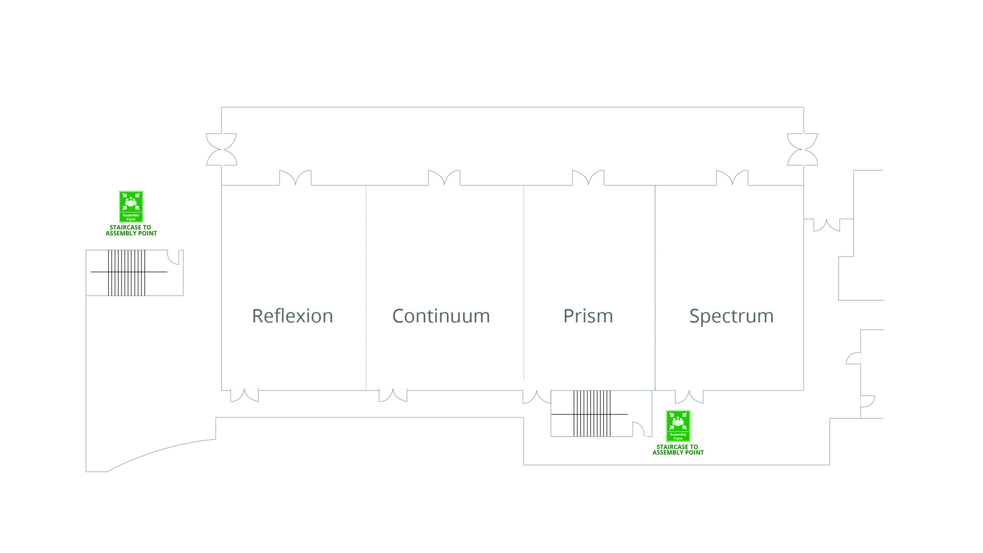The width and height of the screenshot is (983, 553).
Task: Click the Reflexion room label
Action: [x=293, y=316]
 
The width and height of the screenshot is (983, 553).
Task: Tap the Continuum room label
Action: [x=441, y=316]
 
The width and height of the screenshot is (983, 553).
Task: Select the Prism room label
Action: [x=588, y=316]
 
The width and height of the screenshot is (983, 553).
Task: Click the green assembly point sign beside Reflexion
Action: [x=131, y=207]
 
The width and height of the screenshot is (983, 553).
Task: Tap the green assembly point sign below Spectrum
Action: [x=678, y=426]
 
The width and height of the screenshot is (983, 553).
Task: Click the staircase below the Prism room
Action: [x=592, y=414]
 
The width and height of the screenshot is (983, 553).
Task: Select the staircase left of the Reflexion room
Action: [x=126, y=273]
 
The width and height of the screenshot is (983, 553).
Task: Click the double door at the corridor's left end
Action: [x=222, y=149]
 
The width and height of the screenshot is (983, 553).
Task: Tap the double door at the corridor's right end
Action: [x=803, y=149]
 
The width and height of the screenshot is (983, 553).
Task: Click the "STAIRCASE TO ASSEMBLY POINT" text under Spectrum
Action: [x=678, y=450]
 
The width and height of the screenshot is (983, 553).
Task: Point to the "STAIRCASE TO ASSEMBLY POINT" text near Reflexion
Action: [x=131, y=230]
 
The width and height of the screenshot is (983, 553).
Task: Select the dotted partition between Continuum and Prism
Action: [x=524, y=283]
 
